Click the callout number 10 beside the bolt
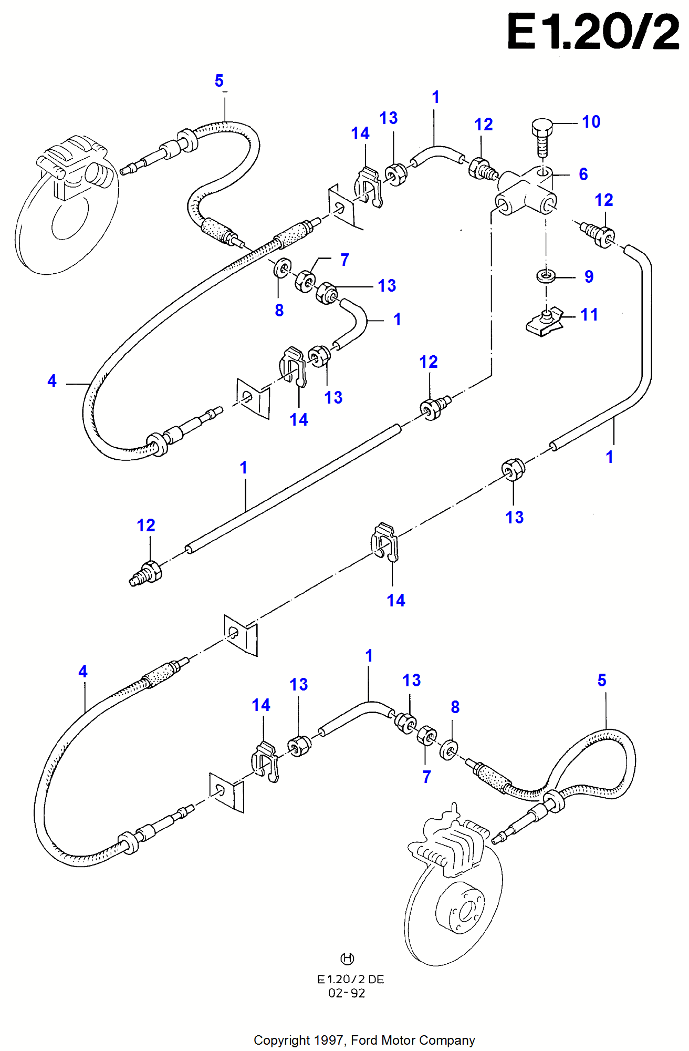tap(591, 122)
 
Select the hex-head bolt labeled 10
tap(542, 136)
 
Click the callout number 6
tap(583, 174)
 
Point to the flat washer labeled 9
tap(546, 275)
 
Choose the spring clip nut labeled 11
tap(544, 323)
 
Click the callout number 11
tap(589, 315)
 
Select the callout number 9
tap(589, 277)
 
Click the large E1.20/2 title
tap(593, 33)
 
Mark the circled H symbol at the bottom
tap(347, 959)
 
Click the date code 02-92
tap(347, 993)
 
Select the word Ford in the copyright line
tap(364, 1040)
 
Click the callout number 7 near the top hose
tap(344, 260)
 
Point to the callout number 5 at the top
tap(219, 81)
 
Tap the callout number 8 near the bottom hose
tap(455, 707)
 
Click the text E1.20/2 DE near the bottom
tap(350, 980)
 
